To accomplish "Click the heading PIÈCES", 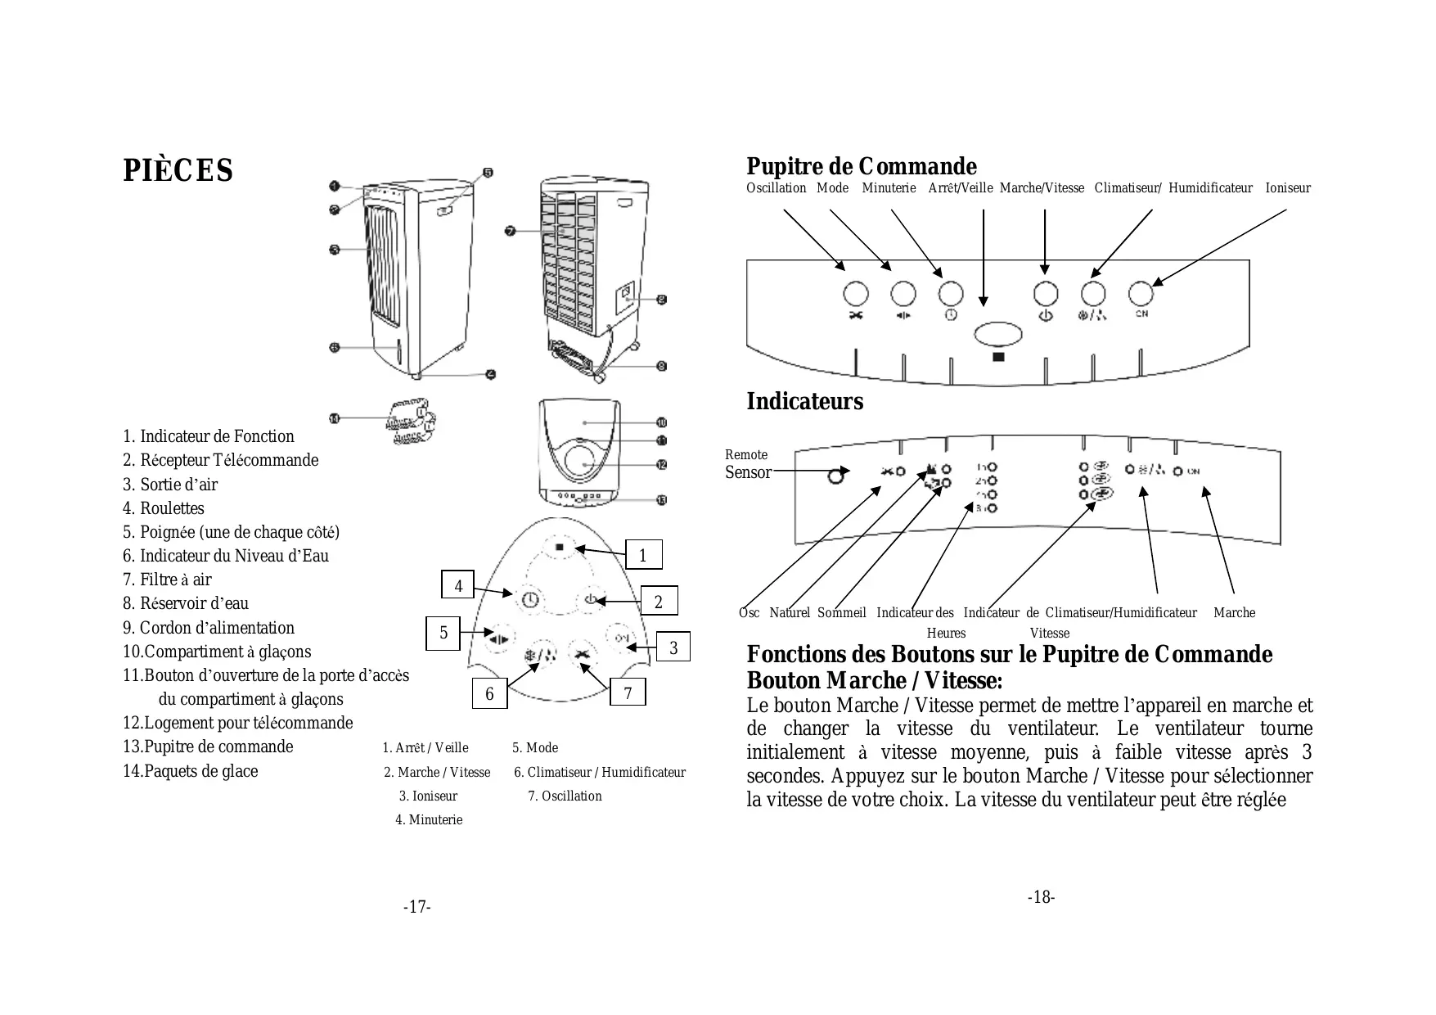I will pos(178,170).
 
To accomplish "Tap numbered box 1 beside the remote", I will pos(642,555).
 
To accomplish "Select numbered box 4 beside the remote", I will pos(458,585).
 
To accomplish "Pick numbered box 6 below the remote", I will pos(489,694).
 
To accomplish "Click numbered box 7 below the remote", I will pos(628,693).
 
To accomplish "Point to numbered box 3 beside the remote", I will pos(673,647).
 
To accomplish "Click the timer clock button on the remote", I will pos(530,599).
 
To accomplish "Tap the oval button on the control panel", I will pos(998,334).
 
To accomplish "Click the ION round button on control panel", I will pos(1141,292).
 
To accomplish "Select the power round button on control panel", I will pos(1046,292).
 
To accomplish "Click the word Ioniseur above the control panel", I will pos(1287,188).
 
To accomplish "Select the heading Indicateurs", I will pos(804,402).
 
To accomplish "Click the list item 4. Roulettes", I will pos(164,508).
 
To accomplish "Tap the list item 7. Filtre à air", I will pos(167,580).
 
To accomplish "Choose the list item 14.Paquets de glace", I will pos(190,771).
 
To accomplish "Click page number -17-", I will pos(416,907).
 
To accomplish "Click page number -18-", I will pos(1041,897).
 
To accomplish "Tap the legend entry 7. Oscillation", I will pos(565,796).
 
